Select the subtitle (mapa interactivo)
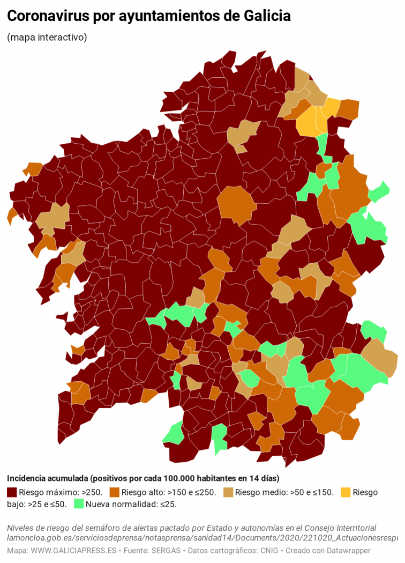(47, 38)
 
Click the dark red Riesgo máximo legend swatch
(12, 492)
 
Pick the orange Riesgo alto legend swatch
(114, 492)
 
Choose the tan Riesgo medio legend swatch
(228, 492)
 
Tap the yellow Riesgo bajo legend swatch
(346, 492)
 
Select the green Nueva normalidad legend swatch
(79, 503)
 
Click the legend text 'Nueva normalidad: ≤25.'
(131, 503)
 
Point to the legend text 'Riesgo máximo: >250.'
(60, 492)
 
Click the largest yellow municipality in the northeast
(307, 121)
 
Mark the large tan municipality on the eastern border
(381, 358)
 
